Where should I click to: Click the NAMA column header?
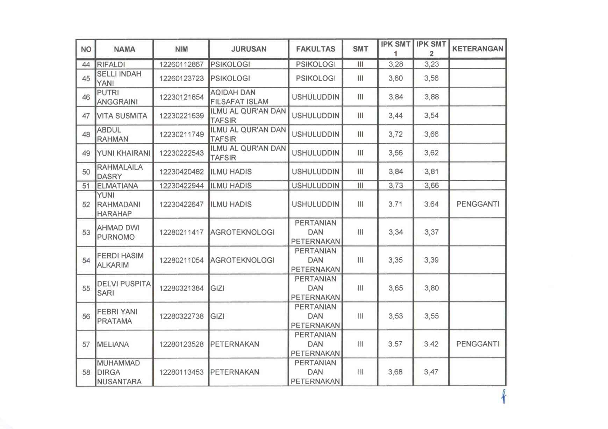[124, 49]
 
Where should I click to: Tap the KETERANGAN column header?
[478, 49]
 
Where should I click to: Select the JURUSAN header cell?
[249, 49]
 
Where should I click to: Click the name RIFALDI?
[111, 64]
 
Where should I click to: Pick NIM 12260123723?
[181, 78]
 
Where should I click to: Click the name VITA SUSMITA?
[122, 116]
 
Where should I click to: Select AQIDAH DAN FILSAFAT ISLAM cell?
[239, 97]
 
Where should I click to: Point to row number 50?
[86, 172]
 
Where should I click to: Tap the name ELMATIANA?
[117, 186]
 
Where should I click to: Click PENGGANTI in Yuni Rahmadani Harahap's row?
[478, 204]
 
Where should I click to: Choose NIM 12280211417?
[181, 232]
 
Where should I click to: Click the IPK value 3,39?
[431, 260]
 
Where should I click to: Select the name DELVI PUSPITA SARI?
[124, 288]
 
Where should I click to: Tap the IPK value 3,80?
[431, 288]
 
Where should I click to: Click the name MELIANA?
[113, 344]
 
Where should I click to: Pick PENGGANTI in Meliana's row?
[478, 344]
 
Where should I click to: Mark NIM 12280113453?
[181, 372]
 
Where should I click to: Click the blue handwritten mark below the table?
[504, 397]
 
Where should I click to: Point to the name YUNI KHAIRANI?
[123, 153]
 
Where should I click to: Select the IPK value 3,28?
[395, 64]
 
